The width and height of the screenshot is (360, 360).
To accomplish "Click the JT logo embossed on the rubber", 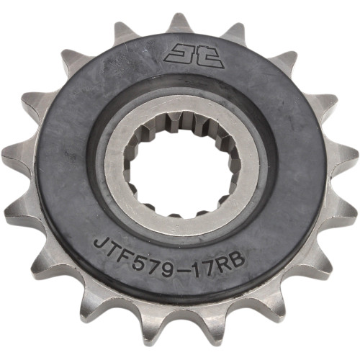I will pyautogui.click(x=180, y=54).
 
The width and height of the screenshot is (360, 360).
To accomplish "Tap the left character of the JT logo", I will pyautogui.click(x=172, y=54).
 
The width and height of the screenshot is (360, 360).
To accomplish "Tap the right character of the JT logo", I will pyautogui.click(x=188, y=54).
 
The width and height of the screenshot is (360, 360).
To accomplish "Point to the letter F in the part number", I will pyautogui.click(x=122, y=246).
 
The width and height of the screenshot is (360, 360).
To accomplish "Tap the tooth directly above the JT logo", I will pyautogui.click(x=180, y=23).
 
